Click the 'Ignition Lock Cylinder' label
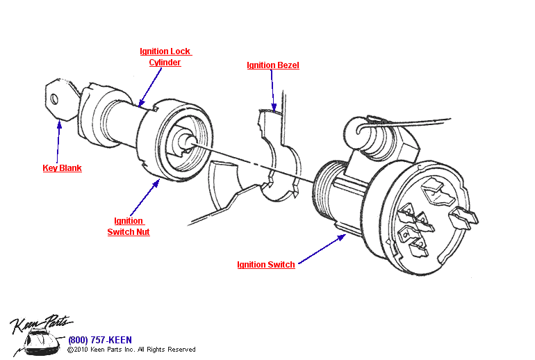(x=165, y=57)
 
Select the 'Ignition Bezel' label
(x=273, y=65)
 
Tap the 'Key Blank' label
(x=62, y=168)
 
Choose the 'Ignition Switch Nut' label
(x=129, y=227)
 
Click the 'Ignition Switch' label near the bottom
(x=265, y=265)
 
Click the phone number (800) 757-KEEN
(x=100, y=340)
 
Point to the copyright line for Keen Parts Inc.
(x=131, y=350)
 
